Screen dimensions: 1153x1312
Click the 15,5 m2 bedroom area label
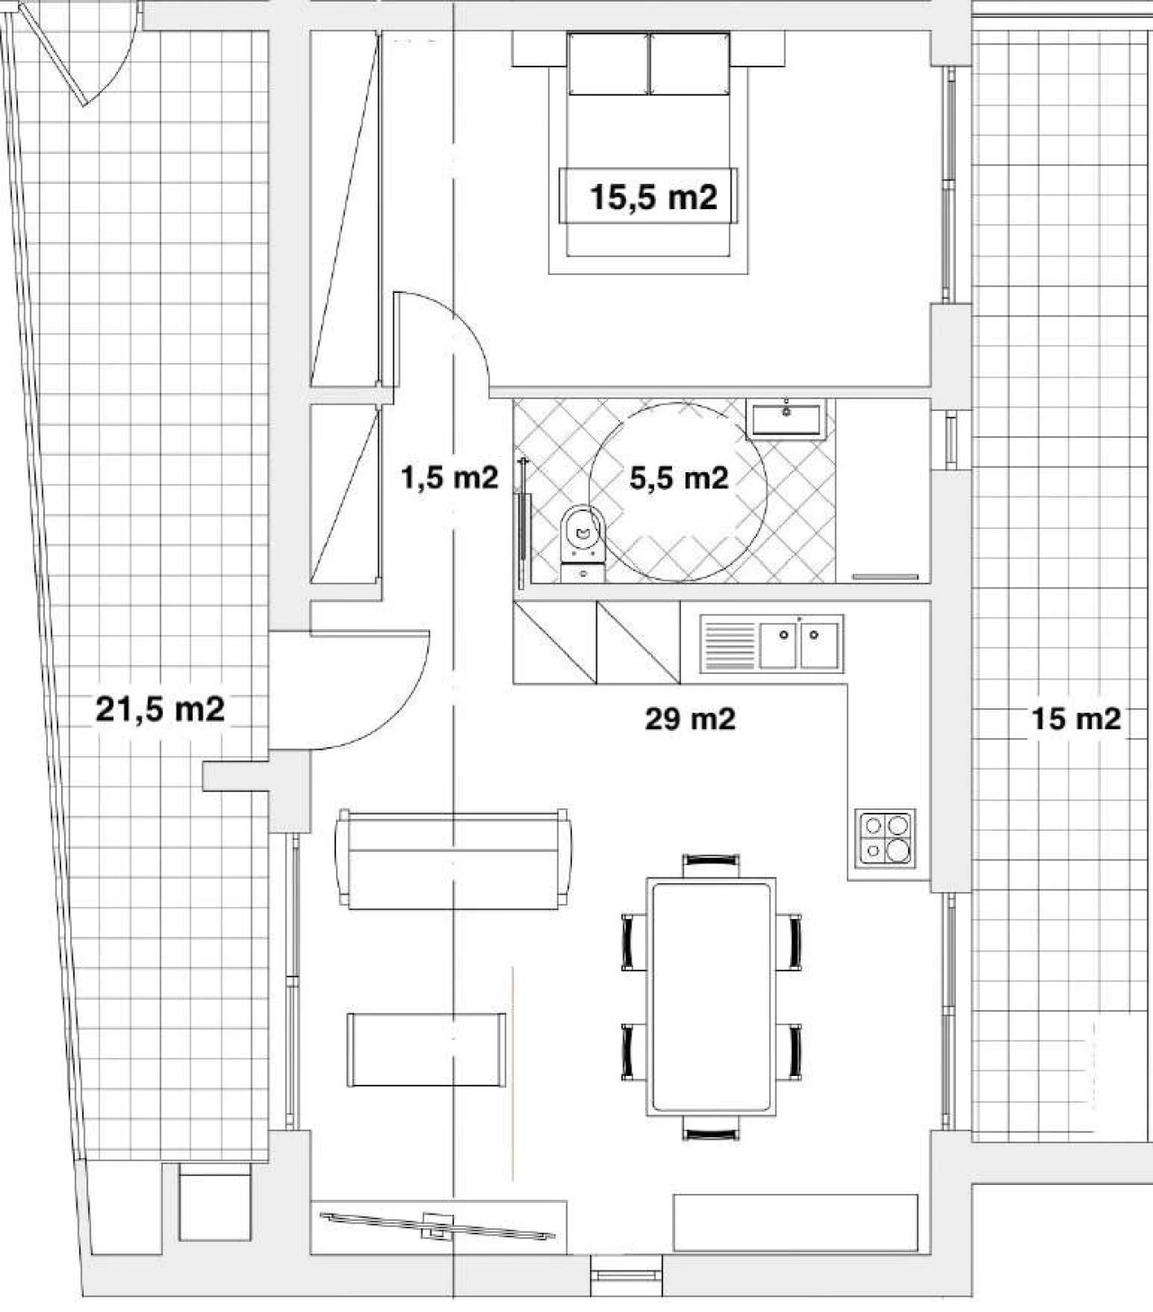coord(654,196)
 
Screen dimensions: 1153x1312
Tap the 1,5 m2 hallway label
coord(449,478)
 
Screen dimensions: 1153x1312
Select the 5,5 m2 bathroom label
coord(679,478)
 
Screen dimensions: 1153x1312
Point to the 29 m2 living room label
coord(690,719)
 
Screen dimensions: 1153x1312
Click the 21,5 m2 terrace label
coord(160,709)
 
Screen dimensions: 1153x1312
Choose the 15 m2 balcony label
coord(1076,719)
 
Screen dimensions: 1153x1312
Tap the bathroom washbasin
coord(785,419)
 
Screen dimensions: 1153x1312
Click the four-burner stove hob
coord(885,839)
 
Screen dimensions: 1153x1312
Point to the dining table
coord(711,998)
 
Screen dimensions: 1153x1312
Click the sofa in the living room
coord(453,860)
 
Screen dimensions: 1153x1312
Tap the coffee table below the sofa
coord(427,1050)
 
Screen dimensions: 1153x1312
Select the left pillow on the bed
coord(608,64)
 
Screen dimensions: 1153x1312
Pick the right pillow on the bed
coord(689,64)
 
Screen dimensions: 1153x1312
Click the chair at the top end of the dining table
coord(711,866)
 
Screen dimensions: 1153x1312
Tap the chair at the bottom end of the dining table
coord(711,1128)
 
